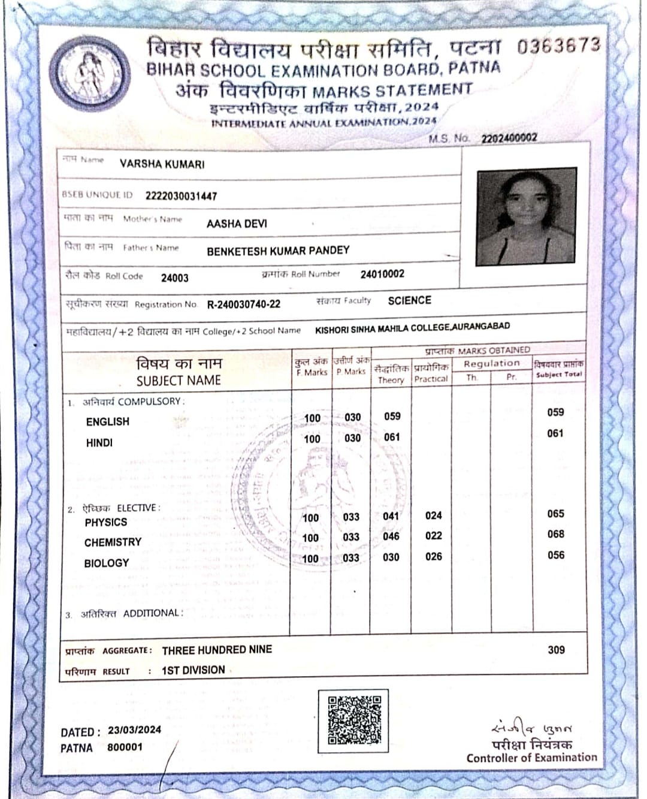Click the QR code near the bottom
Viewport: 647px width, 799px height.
[x=354, y=720]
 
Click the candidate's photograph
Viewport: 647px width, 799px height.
[x=526, y=216]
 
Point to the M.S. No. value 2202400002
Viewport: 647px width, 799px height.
[x=509, y=138]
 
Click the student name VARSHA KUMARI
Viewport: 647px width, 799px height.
[x=162, y=164]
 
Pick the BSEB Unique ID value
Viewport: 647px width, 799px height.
[x=181, y=196]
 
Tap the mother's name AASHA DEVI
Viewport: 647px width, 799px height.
[x=237, y=224]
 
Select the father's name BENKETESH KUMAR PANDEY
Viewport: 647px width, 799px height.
[x=278, y=251]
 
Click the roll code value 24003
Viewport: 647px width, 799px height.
[x=174, y=278]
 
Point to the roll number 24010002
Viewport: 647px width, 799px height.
[x=382, y=274]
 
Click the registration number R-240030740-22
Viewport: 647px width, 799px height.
[x=243, y=304]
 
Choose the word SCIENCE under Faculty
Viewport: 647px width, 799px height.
[x=409, y=300]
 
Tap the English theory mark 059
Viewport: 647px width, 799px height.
[x=392, y=416]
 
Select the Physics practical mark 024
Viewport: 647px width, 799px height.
[x=433, y=515]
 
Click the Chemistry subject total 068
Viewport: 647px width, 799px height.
[x=555, y=534]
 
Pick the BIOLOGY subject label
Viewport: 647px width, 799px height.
[x=107, y=563]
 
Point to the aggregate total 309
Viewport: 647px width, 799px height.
[x=556, y=650]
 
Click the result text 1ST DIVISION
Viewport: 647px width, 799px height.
[x=193, y=670]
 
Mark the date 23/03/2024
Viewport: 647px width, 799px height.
[x=134, y=730]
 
